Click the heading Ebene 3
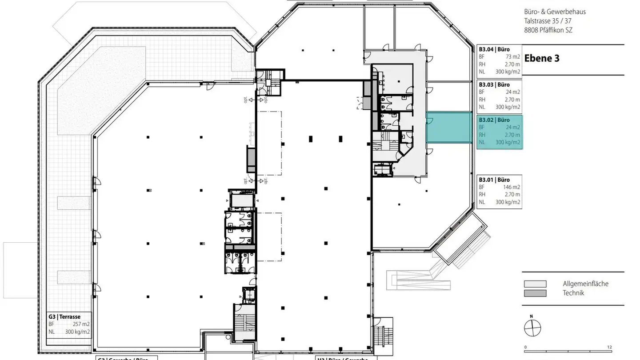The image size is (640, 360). click(x=542, y=58)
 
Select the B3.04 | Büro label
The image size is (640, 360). click(x=494, y=49)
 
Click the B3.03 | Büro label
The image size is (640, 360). click(x=494, y=84)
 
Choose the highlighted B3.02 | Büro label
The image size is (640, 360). click(x=494, y=120)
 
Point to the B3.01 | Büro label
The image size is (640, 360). click(x=494, y=180)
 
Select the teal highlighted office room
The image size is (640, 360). click(x=449, y=128)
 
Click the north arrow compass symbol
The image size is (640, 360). click(x=532, y=329)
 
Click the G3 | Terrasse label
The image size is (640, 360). click(x=64, y=317)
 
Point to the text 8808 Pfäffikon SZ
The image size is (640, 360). click(x=548, y=30)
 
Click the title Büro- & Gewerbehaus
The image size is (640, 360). click(x=554, y=12)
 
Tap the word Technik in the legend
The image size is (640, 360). click(x=573, y=293)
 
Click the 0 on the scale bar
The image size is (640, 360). click(x=525, y=348)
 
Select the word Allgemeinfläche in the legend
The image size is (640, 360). click(x=585, y=284)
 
